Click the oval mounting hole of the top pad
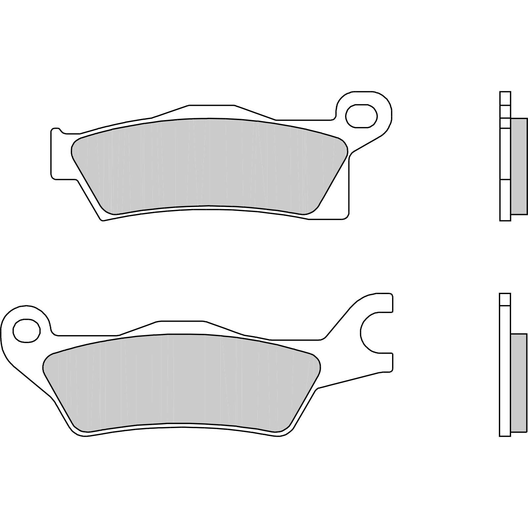pyautogui.click(x=361, y=116)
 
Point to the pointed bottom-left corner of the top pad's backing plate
pyautogui.click(x=103, y=219)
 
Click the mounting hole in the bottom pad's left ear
pyautogui.click(x=26, y=330)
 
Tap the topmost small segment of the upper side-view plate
pyautogui.click(x=505, y=98)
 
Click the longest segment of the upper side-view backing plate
pyautogui.click(x=505, y=154)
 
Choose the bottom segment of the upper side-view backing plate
pyautogui.click(x=505, y=200)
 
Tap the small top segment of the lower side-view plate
pyautogui.click(x=505, y=299)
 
